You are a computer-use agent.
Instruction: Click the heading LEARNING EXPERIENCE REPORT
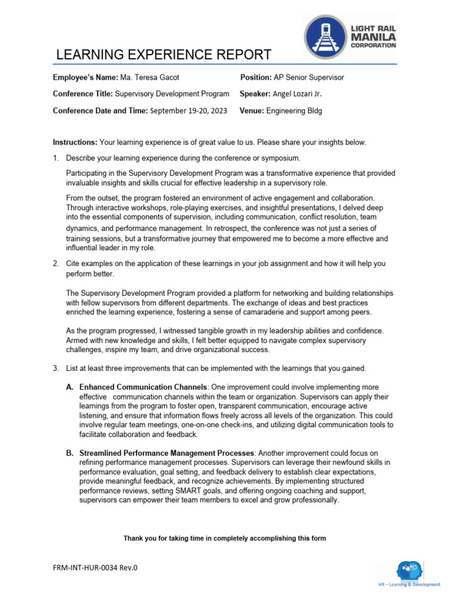click(x=163, y=55)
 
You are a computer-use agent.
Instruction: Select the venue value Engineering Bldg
click(x=294, y=110)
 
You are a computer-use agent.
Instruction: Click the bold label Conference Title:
click(x=83, y=94)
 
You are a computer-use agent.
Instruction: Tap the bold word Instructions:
click(x=75, y=142)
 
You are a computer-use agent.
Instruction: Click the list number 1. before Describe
click(x=56, y=159)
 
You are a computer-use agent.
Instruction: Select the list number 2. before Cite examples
click(x=56, y=264)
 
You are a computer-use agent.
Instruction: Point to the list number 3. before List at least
click(x=56, y=368)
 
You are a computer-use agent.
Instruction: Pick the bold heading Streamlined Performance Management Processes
click(x=167, y=453)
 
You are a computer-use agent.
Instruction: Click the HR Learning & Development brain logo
click(x=408, y=570)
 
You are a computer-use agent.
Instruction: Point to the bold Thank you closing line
click(x=224, y=538)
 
